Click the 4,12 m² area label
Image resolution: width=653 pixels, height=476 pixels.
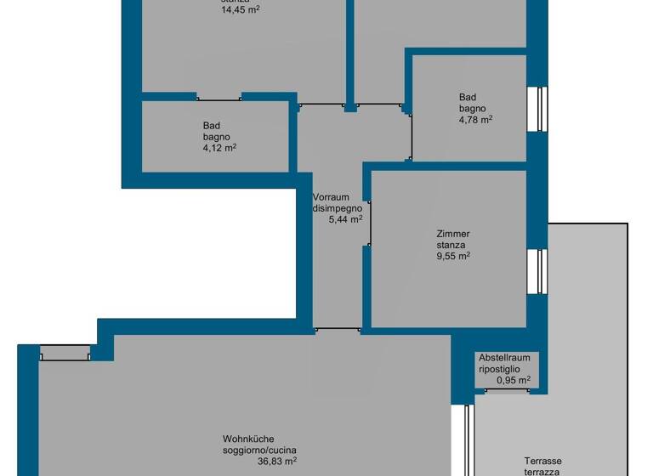pos(219,148)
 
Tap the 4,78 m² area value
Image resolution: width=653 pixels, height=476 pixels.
pos(475,120)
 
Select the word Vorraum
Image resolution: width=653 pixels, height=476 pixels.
pos(330,197)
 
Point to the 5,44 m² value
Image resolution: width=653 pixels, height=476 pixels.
pos(345,219)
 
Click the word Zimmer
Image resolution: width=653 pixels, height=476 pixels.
pos(452,234)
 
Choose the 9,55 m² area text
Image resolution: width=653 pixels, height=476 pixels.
pos(452,255)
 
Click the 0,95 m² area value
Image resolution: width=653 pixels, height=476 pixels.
pos(514,380)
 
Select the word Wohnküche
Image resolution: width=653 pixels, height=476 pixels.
pos(248,439)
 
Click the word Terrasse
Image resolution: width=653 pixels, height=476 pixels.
pos(542,459)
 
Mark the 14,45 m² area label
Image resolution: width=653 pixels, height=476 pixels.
pos(241,10)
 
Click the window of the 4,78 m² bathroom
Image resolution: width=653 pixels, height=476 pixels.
pos(538,109)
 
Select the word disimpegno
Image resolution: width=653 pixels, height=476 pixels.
pos(338,208)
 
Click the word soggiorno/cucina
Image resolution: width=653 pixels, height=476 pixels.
pos(259,450)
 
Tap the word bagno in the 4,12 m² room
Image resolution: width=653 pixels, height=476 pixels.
pos(216,137)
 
